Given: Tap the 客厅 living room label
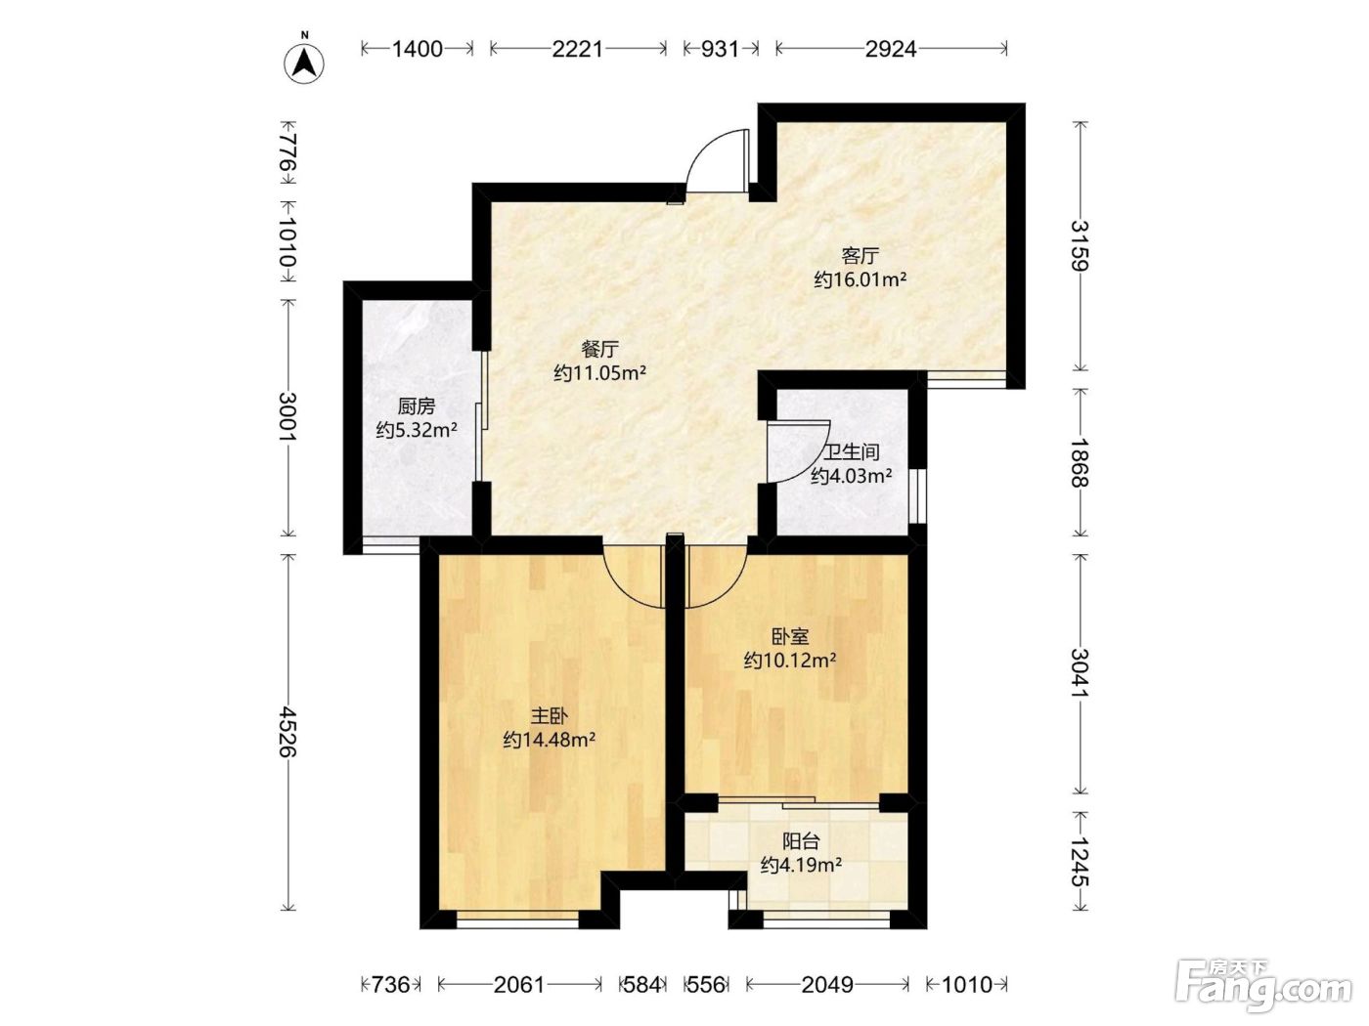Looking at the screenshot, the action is point(861,255).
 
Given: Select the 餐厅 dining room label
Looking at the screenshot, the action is point(599,349).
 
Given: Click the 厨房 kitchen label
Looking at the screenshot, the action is point(416,406).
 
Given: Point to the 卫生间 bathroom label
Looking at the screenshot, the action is point(852,452).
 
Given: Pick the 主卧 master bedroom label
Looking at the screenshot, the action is point(549,716).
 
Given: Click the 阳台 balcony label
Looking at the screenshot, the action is point(801,841).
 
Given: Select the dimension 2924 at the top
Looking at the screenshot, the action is point(891,49).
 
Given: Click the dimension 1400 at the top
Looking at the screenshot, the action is point(418,49).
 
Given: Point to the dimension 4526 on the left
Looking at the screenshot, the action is point(287,731).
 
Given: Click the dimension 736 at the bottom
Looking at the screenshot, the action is point(391,985).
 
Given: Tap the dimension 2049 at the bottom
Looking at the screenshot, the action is point(827,985).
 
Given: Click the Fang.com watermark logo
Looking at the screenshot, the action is point(1262,984).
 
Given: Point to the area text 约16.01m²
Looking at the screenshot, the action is point(861,279).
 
